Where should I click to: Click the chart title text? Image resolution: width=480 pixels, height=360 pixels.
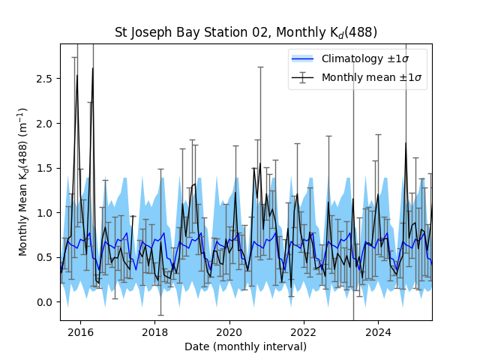(245, 32)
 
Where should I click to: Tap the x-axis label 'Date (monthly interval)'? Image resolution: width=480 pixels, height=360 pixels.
(245, 346)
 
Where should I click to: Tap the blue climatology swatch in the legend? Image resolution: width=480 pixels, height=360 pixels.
(304, 58)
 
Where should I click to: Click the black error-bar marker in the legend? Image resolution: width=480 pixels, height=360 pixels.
(304, 77)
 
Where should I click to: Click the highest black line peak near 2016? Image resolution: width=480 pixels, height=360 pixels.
(92, 68)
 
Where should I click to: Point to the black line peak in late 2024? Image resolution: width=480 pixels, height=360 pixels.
(406, 142)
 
